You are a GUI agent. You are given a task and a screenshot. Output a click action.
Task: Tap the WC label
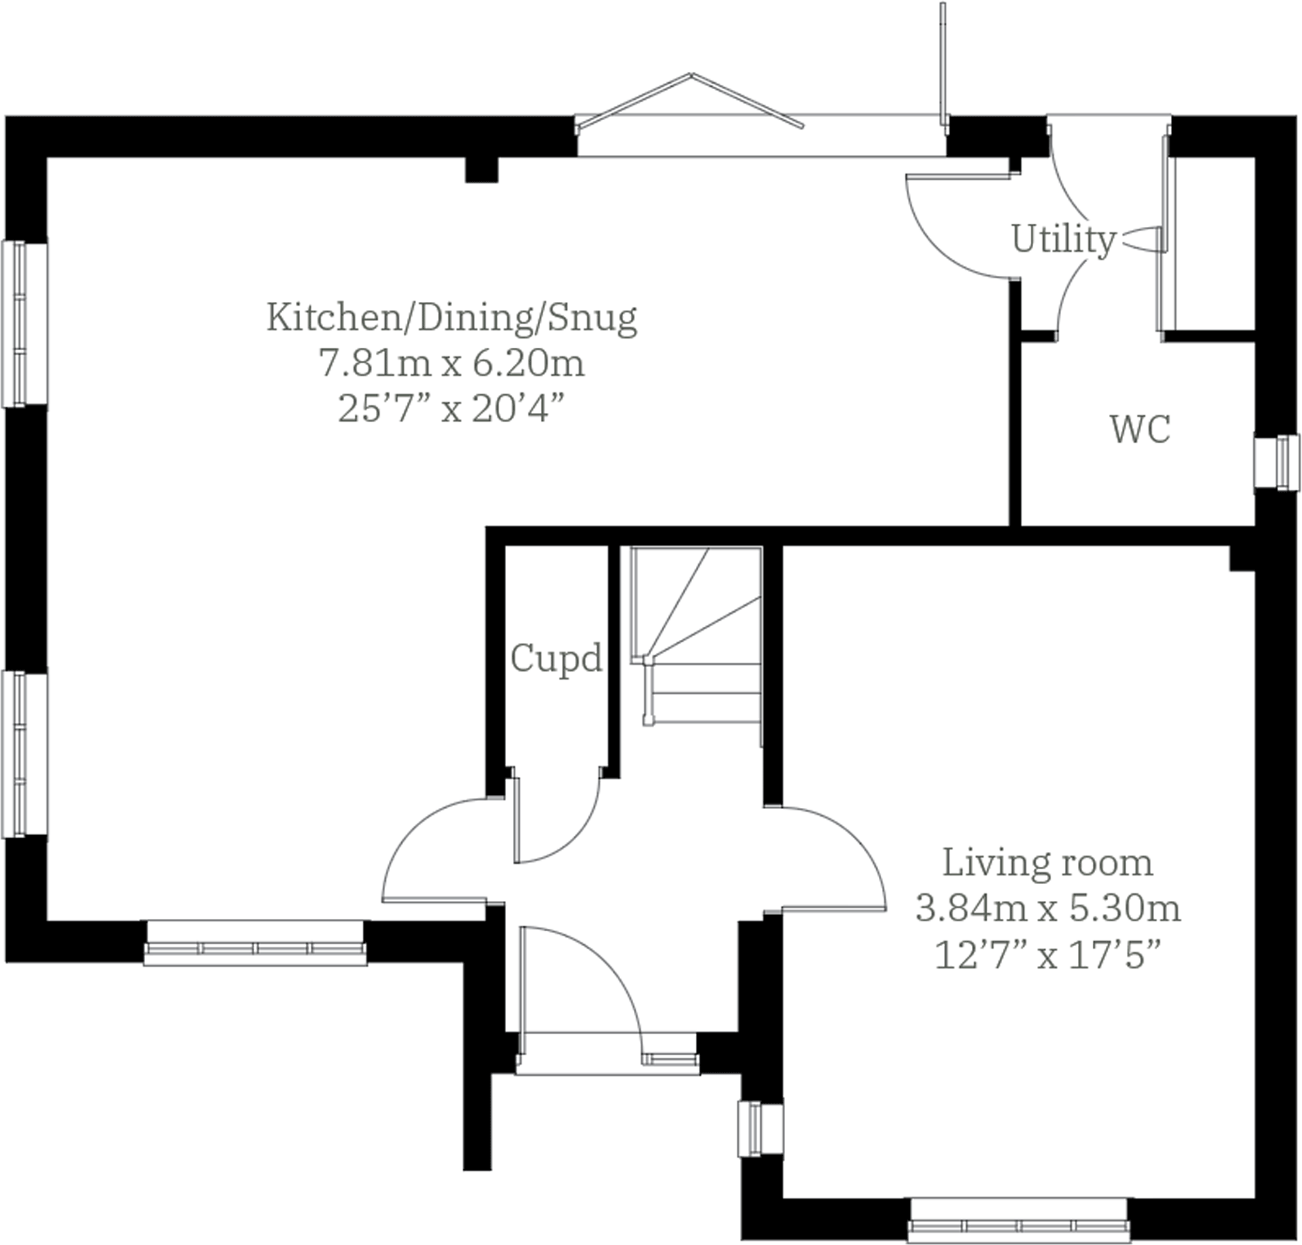click(1139, 429)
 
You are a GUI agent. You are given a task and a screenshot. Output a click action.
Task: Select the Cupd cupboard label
click(556, 659)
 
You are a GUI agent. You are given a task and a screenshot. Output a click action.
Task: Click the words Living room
click(1047, 862)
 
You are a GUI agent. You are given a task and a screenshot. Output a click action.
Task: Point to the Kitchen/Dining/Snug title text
click(452, 317)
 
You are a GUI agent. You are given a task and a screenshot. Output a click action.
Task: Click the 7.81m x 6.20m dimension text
click(452, 363)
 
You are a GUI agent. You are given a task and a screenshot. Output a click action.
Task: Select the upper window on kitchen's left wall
click(23, 324)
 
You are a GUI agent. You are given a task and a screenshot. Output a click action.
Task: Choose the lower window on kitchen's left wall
click(23, 755)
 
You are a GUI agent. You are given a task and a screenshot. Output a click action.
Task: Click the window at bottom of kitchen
click(255, 944)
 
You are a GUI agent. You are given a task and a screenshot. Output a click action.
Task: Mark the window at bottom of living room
click(1018, 1220)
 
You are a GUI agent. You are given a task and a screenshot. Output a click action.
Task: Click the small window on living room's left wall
click(759, 1128)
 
